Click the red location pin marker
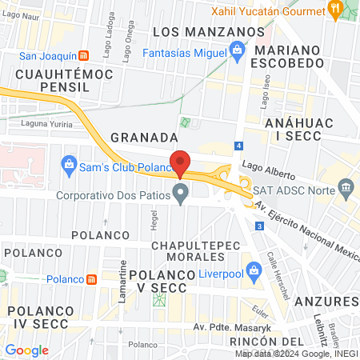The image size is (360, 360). (x=181, y=163)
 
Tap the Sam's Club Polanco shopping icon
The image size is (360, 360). (x=69, y=166)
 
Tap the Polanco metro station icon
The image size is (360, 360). (x=93, y=279)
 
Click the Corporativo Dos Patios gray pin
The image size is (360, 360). (x=182, y=193)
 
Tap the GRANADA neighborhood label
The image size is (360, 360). (x=143, y=137)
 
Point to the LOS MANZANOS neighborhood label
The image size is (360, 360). (x=208, y=31)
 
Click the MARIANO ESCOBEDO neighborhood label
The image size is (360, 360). (x=300, y=58)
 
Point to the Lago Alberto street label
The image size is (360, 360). (x=264, y=171)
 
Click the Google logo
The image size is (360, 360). (x=27, y=350)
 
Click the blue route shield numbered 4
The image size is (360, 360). (x=238, y=146)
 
